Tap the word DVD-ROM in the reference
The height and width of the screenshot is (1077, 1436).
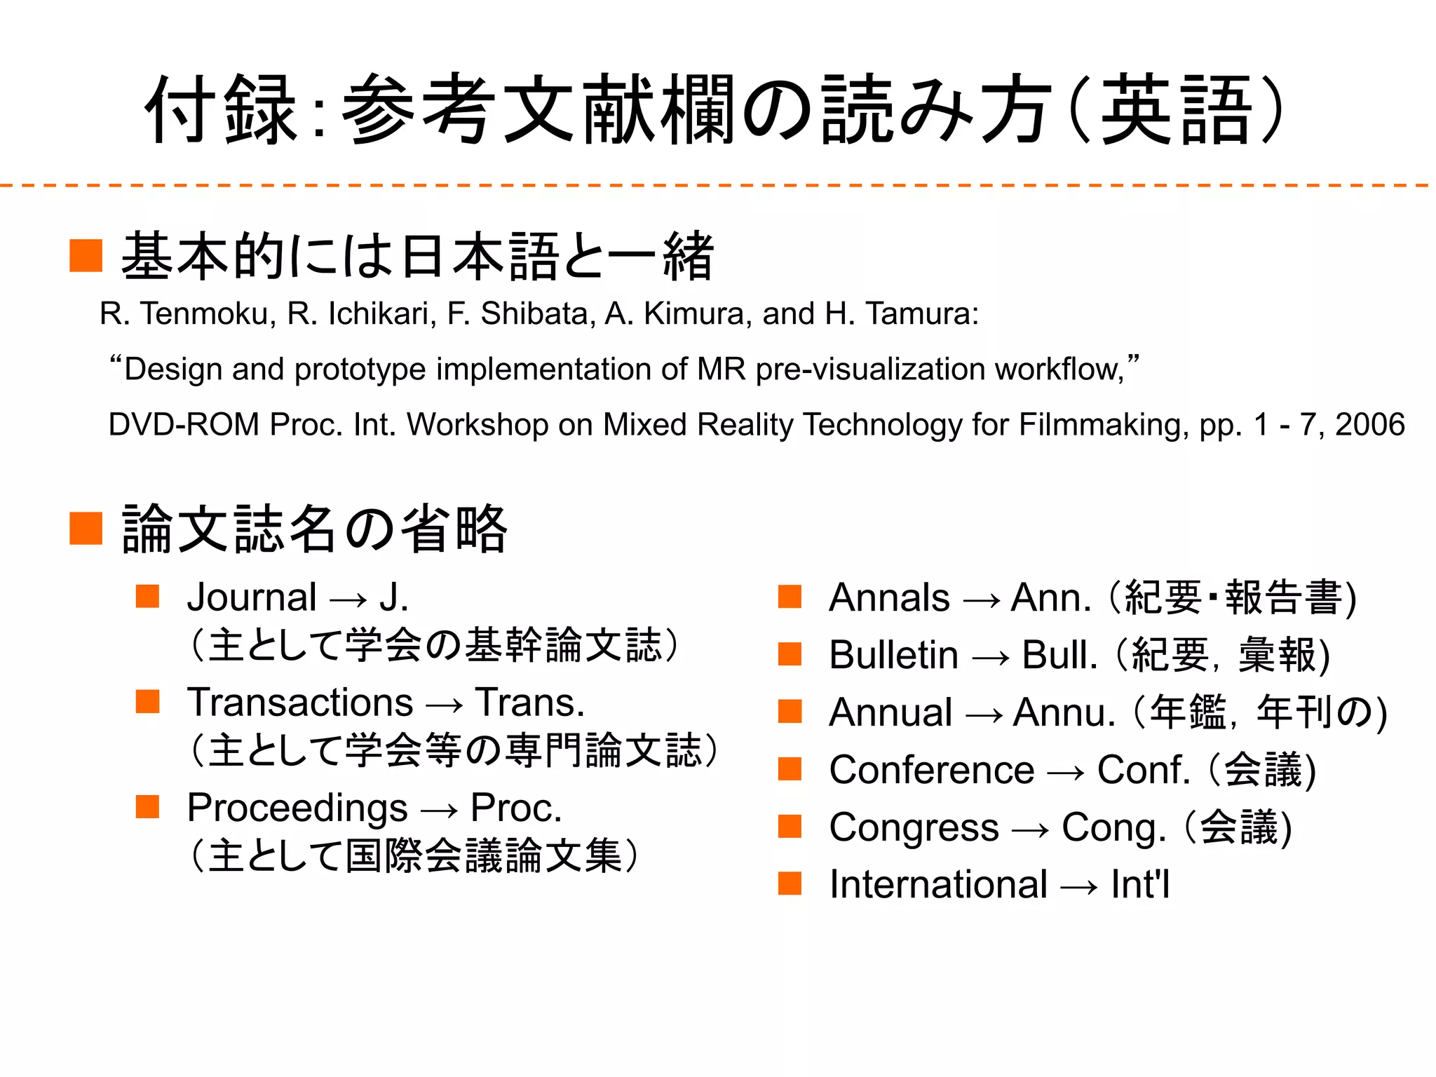click(x=184, y=425)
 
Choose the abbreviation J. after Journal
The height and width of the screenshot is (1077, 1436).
click(x=393, y=598)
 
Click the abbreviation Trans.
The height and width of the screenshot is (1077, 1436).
click(x=529, y=703)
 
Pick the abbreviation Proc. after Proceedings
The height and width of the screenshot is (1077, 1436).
click(x=516, y=808)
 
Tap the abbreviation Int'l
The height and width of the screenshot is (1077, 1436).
click(x=1140, y=884)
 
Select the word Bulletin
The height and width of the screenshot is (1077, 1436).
click(x=893, y=655)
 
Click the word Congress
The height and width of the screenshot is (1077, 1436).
click(x=914, y=827)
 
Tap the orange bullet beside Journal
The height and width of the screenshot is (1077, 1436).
click(x=148, y=597)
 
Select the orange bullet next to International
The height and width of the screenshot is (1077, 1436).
click(x=790, y=883)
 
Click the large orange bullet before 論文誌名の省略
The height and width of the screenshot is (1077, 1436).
click(x=86, y=528)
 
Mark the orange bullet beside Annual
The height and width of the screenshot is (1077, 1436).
click(x=790, y=711)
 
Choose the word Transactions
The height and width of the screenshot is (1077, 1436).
click(x=300, y=703)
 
